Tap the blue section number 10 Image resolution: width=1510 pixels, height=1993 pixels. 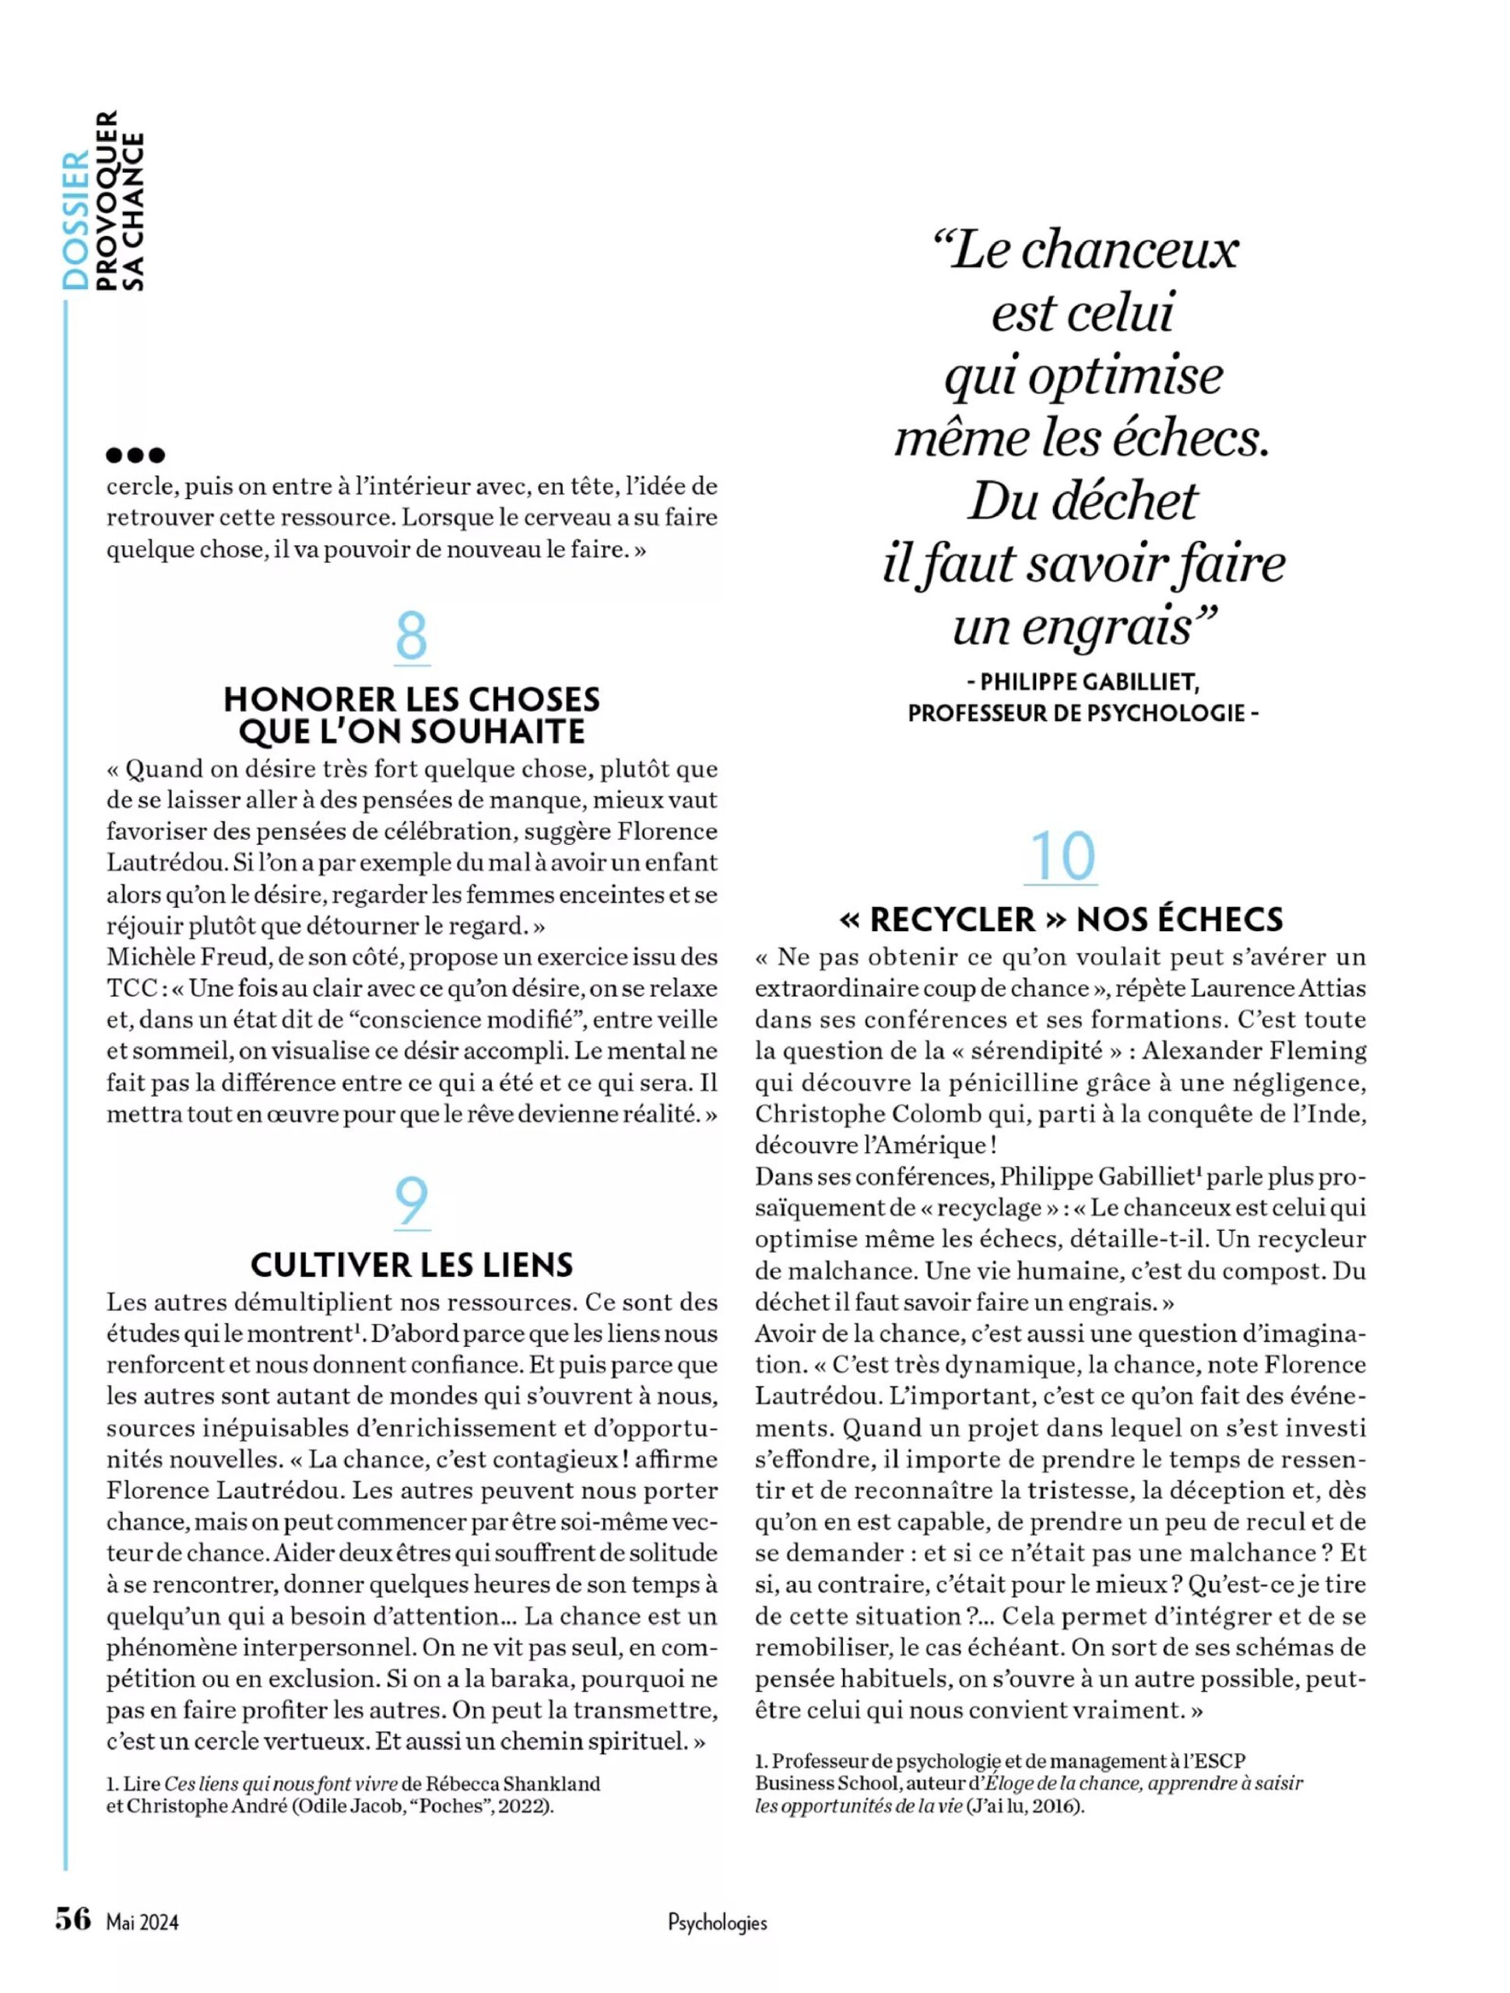(1062, 856)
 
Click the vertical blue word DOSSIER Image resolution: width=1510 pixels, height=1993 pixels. (76, 221)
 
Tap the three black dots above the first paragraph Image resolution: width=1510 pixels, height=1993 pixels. (135, 455)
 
